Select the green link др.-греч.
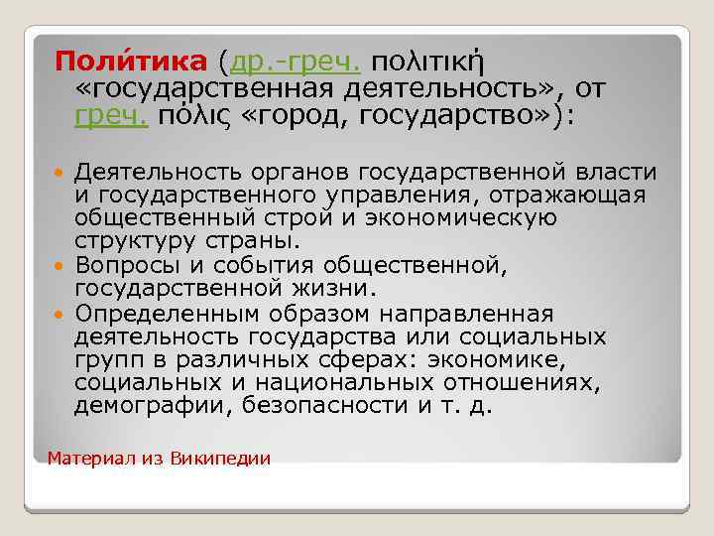295,63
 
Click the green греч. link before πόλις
111,117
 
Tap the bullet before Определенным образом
61,316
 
